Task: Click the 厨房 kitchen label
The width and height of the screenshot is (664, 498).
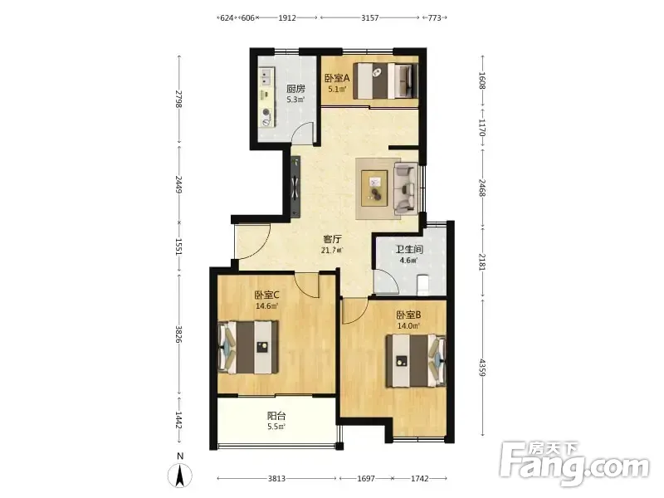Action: [x=295, y=89]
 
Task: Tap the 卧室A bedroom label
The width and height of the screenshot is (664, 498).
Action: [x=337, y=78]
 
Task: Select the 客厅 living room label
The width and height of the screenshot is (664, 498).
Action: [x=332, y=240]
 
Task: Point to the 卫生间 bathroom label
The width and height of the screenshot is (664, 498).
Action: [x=409, y=250]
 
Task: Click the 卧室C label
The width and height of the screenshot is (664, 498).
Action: [x=266, y=295]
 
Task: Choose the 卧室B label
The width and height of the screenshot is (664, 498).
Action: [x=408, y=315]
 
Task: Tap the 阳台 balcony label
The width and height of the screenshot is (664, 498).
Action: [x=276, y=417]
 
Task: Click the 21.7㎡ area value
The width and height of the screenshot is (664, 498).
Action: [x=332, y=251]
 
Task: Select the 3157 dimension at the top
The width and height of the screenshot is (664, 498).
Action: [x=369, y=17]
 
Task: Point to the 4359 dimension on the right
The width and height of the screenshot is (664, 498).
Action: [x=482, y=368]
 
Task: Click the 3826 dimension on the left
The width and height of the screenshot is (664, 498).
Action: [x=179, y=334]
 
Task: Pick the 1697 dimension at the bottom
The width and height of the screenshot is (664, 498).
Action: [x=366, y=479]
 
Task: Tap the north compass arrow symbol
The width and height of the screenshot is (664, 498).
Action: [x=180, y=475]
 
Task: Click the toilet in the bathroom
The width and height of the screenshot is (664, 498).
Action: [x=423, y=285]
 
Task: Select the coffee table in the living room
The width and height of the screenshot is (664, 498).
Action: [x=374, y=188]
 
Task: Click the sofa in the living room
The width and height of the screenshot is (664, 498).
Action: [x=406, y=188]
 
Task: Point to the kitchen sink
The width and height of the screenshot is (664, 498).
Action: [x=266, y=78]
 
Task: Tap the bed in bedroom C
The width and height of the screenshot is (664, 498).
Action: [x=248, y=347]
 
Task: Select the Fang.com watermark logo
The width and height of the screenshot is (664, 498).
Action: [x=574, y=463]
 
